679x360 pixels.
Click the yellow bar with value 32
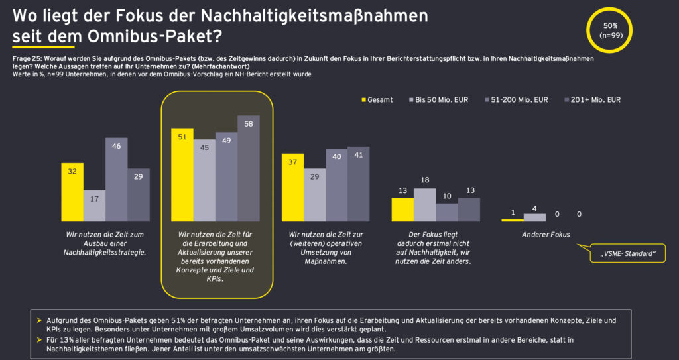click(x=72, y=192)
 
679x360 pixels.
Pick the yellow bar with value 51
click(x=183, y=175)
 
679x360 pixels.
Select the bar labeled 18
click(x=424, y=204)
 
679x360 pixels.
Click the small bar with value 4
click(x=534, y=217)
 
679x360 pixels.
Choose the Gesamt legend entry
click(x=377, y=100)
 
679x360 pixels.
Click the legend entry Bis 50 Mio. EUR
click(x=439, y=100)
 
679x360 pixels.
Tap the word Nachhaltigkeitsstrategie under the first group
click(x=105, y=253)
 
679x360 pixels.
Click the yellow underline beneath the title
click(x=43, y=48)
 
